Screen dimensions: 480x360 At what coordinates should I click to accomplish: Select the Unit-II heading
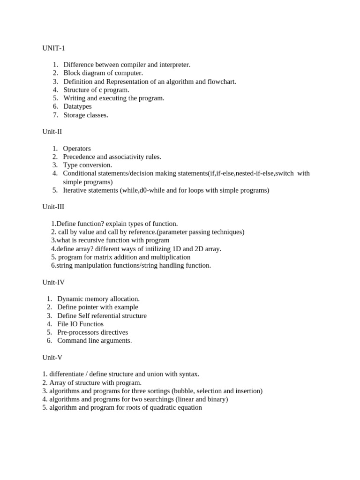pyautogui.click(x=52, y=132)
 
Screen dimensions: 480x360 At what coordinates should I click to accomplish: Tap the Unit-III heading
pyautogui.click(x=53, y=207)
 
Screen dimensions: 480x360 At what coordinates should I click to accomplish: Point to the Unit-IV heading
pyautogui.click(x=53, y=282)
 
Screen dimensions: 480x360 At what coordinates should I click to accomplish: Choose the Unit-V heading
pyautogui.click(x=52, y=357)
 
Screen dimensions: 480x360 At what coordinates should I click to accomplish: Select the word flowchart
pyautogui.click(x=220, y=82)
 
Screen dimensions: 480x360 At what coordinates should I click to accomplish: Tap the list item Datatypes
pyautogui.click(x=77, y=107)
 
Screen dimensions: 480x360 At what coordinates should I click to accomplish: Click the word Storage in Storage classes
pyautogui.click(x=75, y=115)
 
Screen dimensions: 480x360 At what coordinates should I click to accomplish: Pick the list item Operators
pyautogui.click(x=77, y=149)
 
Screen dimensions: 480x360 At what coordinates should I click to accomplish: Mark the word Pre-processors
pyautogui.click(x=78, y=332)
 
